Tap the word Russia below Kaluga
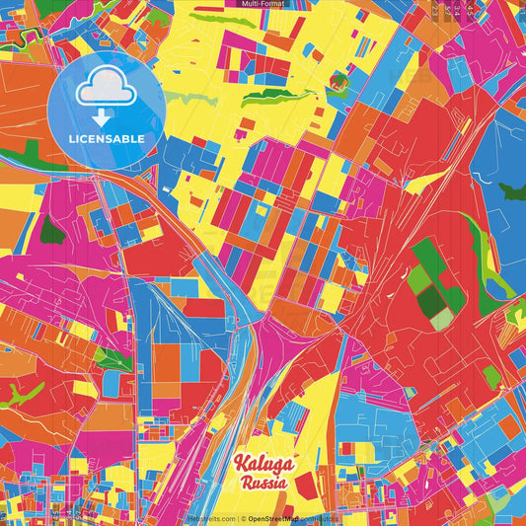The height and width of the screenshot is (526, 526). pos(263,484)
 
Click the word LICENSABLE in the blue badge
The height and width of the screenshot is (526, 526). pos(106,138)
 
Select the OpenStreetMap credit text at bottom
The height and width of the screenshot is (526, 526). pos(275,518)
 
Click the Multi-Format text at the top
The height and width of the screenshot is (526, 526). pos(263,4)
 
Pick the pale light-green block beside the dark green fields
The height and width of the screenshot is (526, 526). pos(440,318)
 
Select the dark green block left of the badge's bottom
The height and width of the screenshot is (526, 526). pos(51,229)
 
